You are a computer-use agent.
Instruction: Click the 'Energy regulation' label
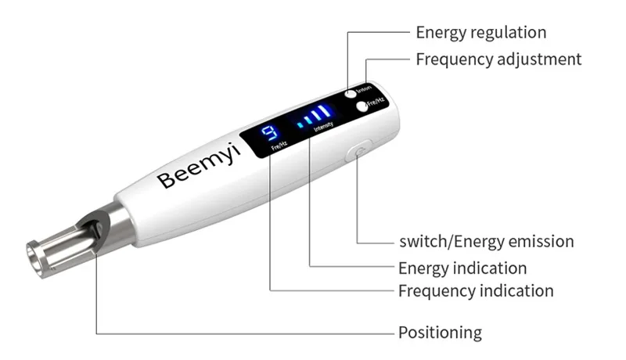[480, 32]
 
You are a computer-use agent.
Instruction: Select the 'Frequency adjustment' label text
[498, 58]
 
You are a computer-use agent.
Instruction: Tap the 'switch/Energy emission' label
[486, 241]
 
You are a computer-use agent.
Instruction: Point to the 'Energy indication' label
[462, 268]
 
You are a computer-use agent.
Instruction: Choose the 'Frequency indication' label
[476, 291]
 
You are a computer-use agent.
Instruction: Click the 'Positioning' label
[440, 332]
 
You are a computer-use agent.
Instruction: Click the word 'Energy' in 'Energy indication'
[423, 268]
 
